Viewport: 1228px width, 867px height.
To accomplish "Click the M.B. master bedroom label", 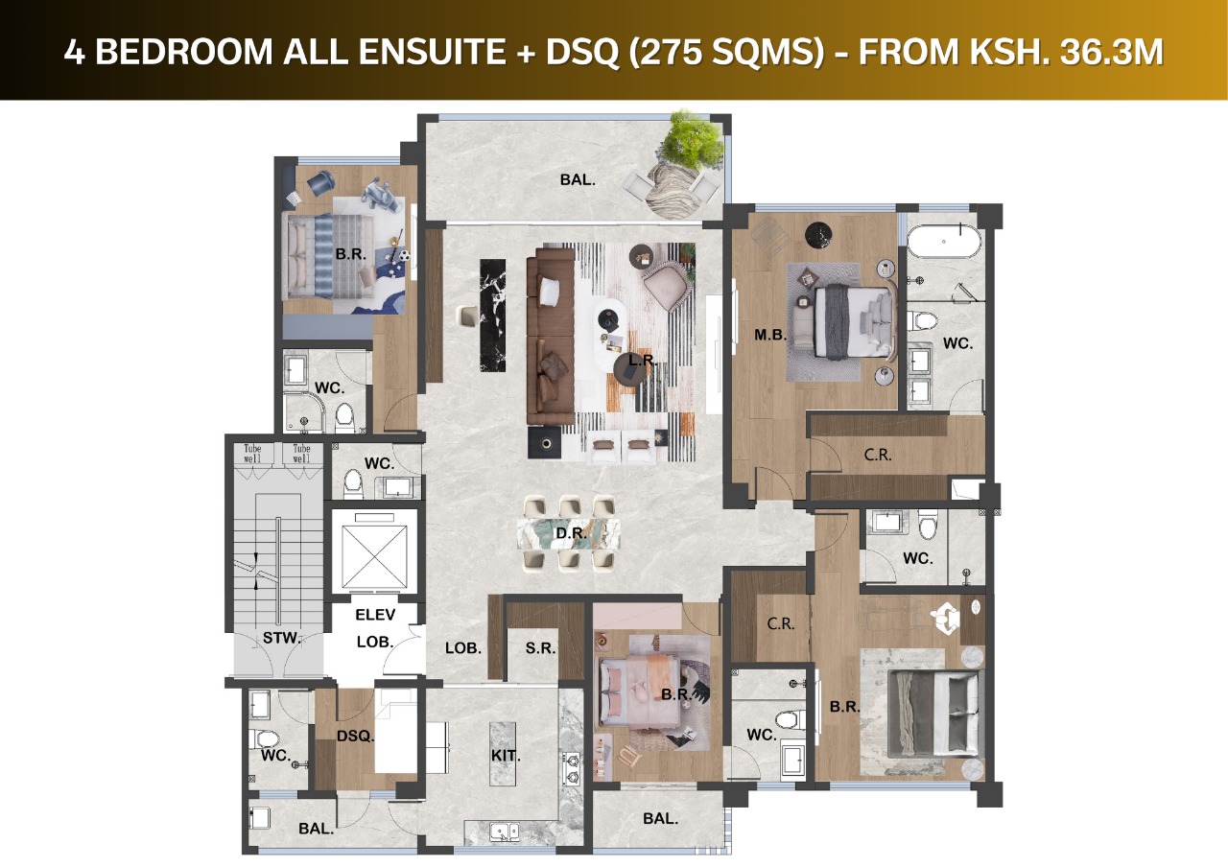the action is click(x=770, y=335).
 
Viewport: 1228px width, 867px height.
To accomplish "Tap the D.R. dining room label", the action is click(x=571, y=532).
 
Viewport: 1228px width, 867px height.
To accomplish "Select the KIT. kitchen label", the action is click(x=506, y=756).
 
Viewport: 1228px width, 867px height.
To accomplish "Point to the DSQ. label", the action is click(x=355, y=736).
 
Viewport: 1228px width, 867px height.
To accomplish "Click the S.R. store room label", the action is click(x=540, y=648).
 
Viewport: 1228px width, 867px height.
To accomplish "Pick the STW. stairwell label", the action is click(x=282, y=638).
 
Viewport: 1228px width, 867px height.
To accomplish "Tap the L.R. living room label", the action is click(x=643, y=360).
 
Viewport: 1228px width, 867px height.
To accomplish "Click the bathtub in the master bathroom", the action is click(x=943, y=241).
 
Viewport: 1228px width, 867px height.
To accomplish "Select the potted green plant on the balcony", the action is click(x=694, y=138).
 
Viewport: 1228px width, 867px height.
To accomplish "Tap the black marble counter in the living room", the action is click(x=492, y=316).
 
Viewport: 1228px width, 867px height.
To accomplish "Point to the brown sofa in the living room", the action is click(x=551, y=336).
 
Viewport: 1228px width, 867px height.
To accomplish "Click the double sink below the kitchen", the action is click(x=506, y=832).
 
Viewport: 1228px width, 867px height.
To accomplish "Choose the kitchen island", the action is click(x=503, y=755).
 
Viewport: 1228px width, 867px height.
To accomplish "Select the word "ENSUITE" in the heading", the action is click(x=433, y=53).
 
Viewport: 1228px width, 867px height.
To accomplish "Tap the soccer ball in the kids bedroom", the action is click(x=405, y=255).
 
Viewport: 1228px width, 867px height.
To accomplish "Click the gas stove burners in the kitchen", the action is click(x=571, y=768).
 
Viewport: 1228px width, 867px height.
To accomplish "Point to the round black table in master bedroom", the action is click(x=818, y=236).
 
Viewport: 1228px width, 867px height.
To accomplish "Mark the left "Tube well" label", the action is click(x=252, y=454).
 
